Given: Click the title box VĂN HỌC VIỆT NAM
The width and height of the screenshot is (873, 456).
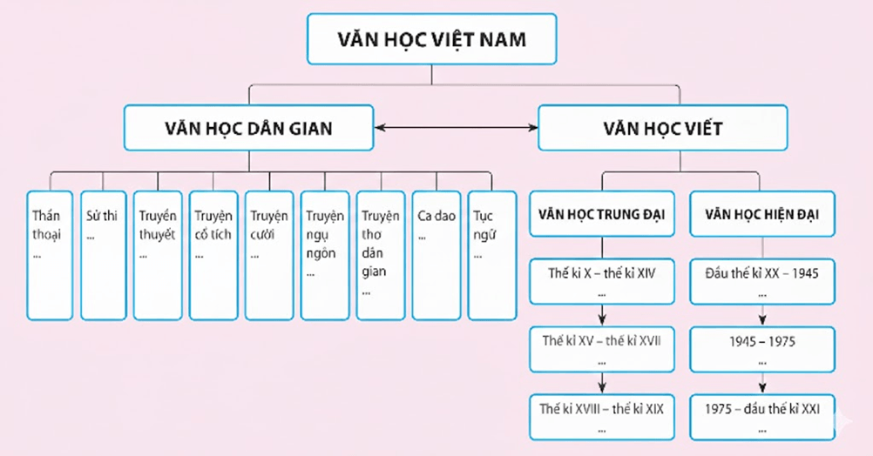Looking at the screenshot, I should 431,39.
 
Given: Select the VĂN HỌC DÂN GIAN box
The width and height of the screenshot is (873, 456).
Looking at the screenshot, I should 248,128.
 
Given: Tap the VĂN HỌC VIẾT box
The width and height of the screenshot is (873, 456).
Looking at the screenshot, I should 662,128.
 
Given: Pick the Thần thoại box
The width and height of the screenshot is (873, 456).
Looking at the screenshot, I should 49,254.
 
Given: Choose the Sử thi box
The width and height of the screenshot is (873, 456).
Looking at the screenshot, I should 103,254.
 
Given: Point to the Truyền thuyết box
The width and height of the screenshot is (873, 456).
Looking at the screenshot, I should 158,254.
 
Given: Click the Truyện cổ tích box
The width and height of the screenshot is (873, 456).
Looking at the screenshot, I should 213,254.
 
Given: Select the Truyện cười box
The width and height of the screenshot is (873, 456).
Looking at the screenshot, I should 269,254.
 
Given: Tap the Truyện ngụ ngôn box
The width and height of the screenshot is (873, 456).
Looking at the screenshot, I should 324,254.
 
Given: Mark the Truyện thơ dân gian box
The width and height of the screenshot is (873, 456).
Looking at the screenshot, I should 380,254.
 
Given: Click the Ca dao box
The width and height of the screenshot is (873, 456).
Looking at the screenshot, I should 436,254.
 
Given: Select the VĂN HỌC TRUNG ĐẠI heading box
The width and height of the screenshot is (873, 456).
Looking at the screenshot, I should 602,213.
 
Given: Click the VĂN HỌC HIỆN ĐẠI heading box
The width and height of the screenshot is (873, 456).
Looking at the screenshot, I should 761,213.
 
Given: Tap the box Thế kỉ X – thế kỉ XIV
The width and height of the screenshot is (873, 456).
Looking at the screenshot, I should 602,281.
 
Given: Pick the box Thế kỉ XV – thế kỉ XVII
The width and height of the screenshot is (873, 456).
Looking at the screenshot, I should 602,348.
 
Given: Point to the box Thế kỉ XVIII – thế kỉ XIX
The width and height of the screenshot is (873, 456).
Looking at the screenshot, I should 602,415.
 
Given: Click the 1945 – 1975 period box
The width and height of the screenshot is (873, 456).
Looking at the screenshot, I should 761,348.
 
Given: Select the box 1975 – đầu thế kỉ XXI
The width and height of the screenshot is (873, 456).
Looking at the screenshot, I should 761,415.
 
